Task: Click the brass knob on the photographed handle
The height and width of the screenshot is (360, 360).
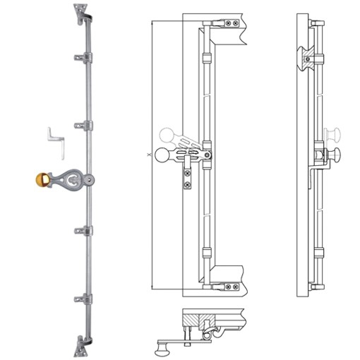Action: (x=43, y=180)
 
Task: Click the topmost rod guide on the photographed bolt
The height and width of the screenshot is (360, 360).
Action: (x=84, y=56)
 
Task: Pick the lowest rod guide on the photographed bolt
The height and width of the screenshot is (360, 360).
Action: (x=84, y=299)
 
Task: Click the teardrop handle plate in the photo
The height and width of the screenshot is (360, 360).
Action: (x=72, y=181)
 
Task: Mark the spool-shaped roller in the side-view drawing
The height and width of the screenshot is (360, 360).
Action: (x=308, y=56)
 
